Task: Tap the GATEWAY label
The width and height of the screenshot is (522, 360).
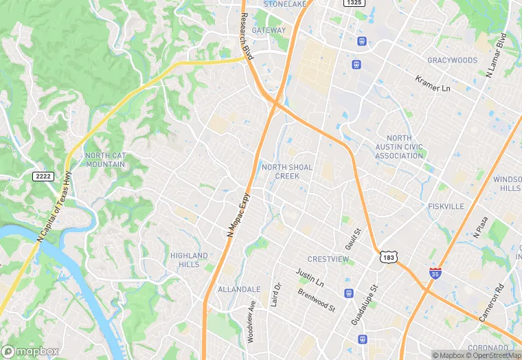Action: (269, 30)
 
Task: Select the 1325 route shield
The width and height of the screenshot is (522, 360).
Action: (354, 3)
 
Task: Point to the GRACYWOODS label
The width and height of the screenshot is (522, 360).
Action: (452, 60)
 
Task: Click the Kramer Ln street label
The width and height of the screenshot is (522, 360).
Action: (432, 85)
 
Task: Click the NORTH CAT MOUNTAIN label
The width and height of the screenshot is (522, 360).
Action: (105, 160)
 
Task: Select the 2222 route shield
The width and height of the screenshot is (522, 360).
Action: (43, 177)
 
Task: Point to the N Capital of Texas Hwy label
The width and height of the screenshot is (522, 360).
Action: (54, 205)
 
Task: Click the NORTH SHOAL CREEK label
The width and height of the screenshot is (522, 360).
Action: (287, 171)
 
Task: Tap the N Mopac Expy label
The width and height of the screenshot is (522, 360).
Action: (238, 215)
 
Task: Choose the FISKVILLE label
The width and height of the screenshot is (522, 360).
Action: (446, 206)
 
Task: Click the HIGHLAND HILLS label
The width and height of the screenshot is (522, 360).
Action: (189, 260)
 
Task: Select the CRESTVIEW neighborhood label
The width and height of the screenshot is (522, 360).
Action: (328, 259)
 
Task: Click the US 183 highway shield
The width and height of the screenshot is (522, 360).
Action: (388, 257)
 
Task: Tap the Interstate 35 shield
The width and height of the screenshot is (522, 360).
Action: (435, 273)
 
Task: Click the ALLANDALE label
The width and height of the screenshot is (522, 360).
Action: (239, 290)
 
